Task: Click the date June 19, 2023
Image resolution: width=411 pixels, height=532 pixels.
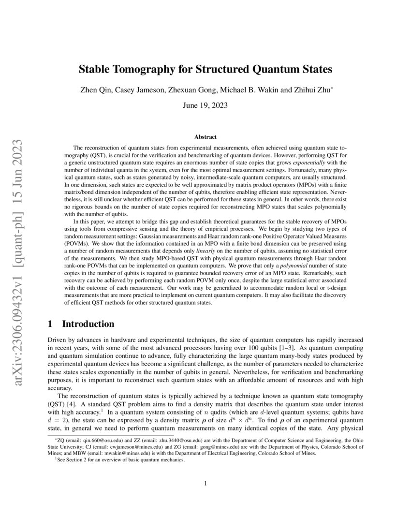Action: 205,104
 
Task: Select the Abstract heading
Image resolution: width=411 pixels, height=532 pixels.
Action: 205,137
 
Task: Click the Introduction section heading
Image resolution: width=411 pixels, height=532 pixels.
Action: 88,324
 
